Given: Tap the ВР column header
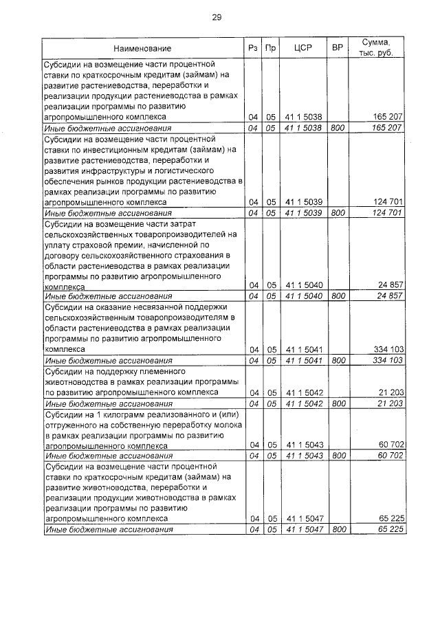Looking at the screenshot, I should tap(338, 49).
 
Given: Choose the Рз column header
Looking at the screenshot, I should tap(252, 49).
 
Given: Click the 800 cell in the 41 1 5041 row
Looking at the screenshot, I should tap(338, 360).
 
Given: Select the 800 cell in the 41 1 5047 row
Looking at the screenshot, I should tap(338, 531).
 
